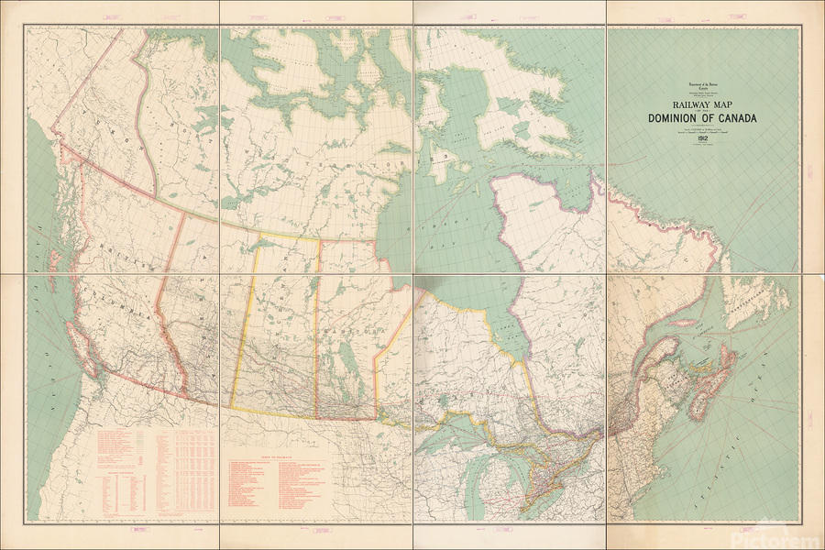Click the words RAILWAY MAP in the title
click(702, 105)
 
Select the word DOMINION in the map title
click(677, 118)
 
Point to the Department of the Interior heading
click(702, 82)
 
